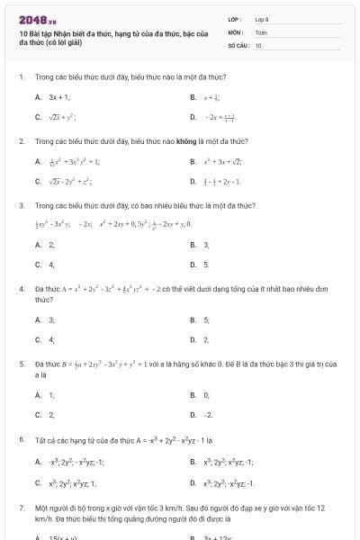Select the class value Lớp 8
pyautogui.click(x=262, y=19)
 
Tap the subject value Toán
pyautogui.click(x=261, y=31)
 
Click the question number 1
pyautogui.click(x=21, y=76)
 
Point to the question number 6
pyautogui.click(x=21, y=439)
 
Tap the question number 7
pyautogui.click(x=21, y=508)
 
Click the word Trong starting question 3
pyautogui.click(x=44, y=206)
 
